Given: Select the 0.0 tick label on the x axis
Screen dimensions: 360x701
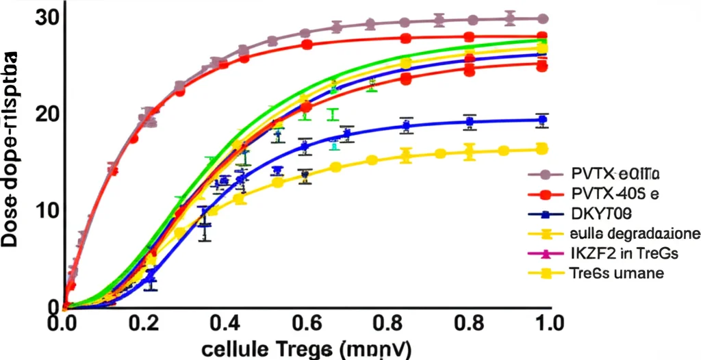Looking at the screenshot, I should [x=63, y=322].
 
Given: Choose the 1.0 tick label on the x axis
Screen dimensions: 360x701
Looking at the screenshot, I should [x=546, y=322].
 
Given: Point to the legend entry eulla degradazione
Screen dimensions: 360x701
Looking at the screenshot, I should [x=633, y=233].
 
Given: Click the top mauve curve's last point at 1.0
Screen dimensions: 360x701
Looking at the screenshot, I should [x=542, y=18].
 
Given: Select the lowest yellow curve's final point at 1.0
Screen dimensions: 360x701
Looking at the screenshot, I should [x=542, y=149].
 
